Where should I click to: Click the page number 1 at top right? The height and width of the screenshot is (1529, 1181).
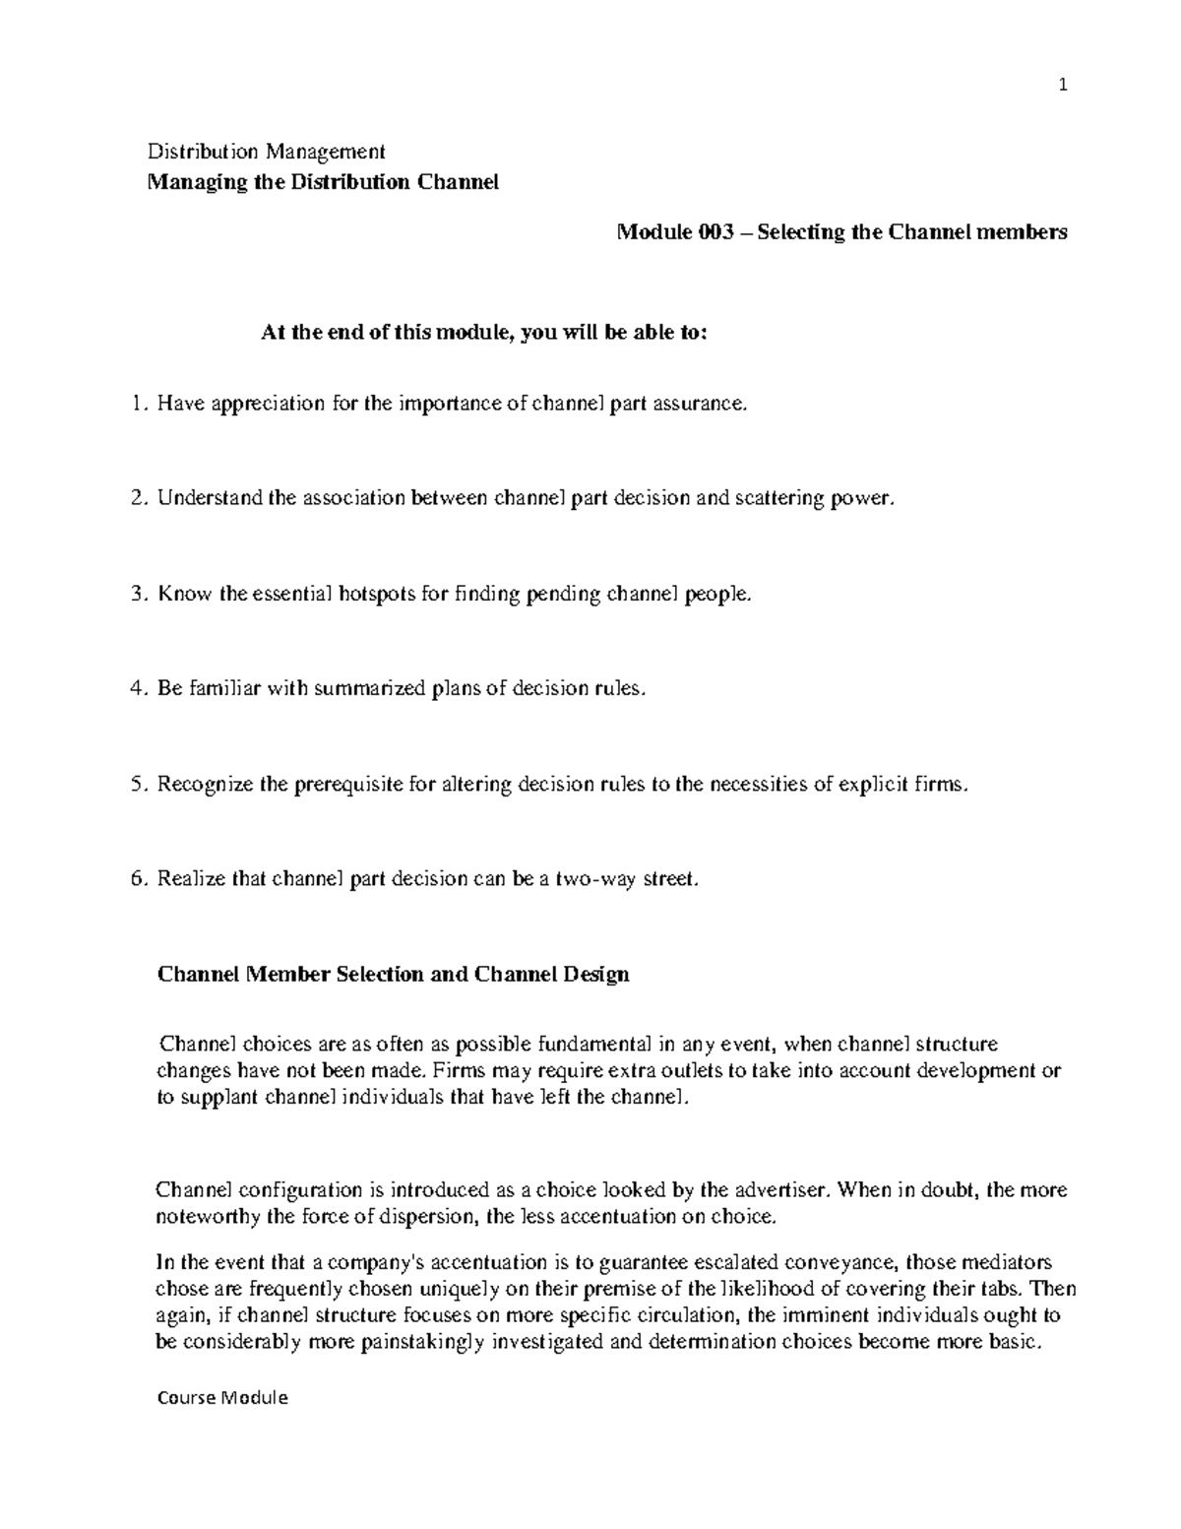pos(1062,86)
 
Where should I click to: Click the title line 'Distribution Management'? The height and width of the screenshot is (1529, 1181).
pos(266,152)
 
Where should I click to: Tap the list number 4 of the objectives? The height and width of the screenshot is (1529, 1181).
pos(137,688)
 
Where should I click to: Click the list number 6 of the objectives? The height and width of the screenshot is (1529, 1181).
pos(137,879)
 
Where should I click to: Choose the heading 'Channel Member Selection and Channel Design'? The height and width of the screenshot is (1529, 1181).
pos(393,975)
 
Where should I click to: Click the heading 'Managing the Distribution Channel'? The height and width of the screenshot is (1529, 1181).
pos(323,183)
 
